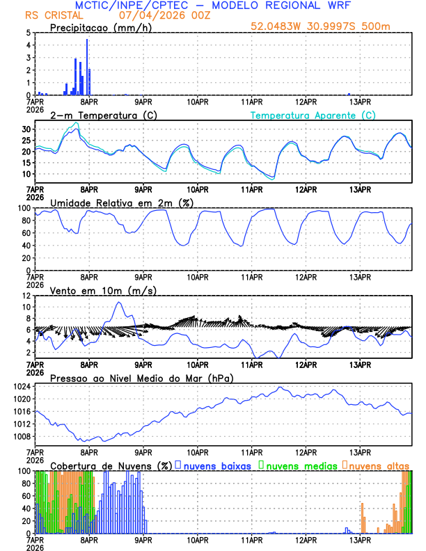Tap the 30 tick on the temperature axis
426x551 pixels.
pyautogui.click(x=26, y=129)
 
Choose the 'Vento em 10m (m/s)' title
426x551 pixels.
pyautogui.click(x=94, y=289)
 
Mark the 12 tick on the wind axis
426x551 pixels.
pyautogui.click(x=26, y=296)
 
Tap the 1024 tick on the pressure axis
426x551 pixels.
pyautogui.click(x=22, y=386)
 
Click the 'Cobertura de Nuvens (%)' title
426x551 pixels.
pyautogui.click(x=110, y=465)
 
